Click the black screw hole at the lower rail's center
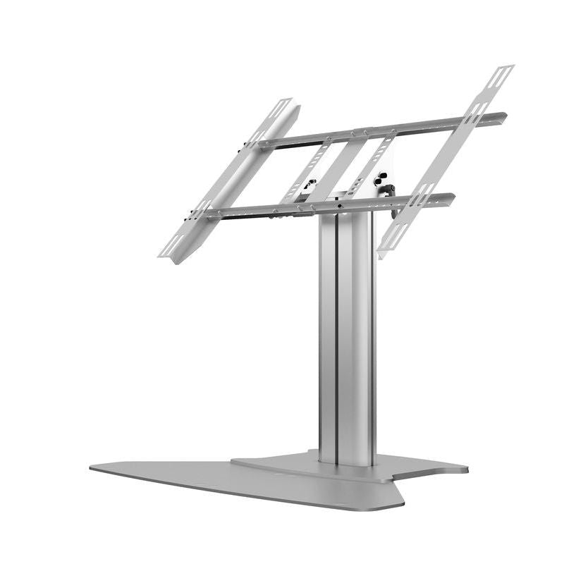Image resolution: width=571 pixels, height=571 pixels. pos(339,208)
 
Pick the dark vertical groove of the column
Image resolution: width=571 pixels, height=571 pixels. pos(336,338)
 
